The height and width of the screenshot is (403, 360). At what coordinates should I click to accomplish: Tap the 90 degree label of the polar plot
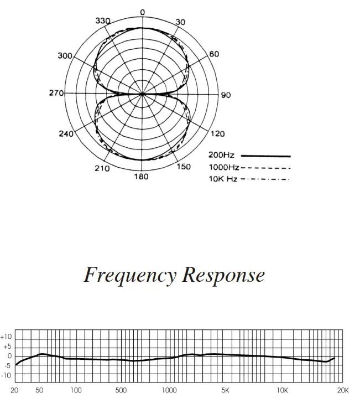point(226,95)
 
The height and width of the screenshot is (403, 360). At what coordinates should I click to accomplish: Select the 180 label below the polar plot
point(142,176)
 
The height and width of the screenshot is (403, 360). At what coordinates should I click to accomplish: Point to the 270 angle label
point(56,93)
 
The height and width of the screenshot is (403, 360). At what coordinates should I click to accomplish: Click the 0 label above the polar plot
point(143,12)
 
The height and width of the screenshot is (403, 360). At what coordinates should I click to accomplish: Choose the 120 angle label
point(218,134)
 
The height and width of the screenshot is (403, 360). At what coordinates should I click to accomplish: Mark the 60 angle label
point(214,54)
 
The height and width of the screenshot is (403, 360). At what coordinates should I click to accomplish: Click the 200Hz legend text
point(222,156)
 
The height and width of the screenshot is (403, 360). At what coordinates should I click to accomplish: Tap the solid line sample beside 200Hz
point(265,156)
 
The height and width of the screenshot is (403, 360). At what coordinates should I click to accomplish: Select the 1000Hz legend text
point(224,167)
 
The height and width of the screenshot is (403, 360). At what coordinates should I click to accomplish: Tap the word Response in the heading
point(224,275)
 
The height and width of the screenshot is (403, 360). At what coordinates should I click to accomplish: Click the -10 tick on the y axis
point(7,375)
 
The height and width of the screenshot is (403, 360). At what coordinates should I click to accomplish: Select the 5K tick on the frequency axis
point(225,390)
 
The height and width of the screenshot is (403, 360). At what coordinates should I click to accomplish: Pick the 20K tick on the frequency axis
point(343,390)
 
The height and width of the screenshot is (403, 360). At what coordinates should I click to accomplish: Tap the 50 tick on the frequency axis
point(39,390)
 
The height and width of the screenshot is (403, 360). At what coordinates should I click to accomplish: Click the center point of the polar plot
point(143,94)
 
